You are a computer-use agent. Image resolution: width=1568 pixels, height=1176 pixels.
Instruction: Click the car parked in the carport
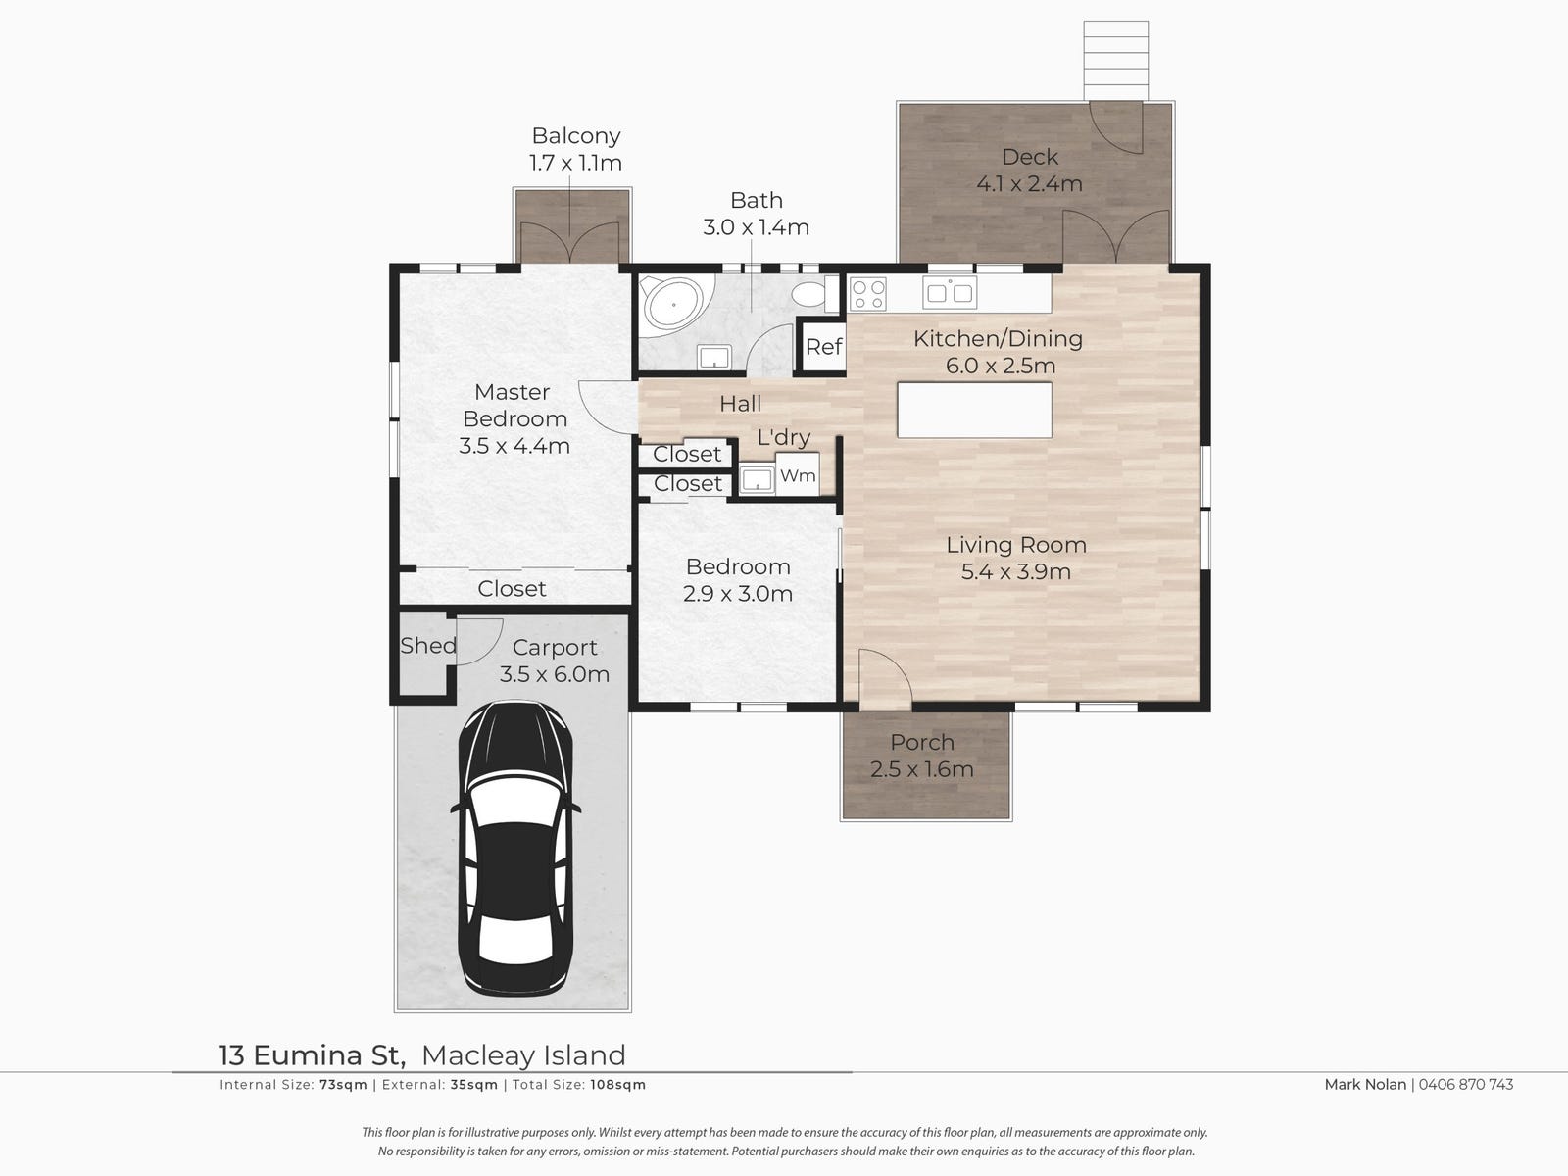coord(515,848)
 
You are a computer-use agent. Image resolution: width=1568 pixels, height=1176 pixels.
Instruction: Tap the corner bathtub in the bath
coord(674,306)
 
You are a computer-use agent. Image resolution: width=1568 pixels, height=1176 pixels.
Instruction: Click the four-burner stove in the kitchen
coord(868,294)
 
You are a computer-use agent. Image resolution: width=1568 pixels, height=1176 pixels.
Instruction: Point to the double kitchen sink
coord(950,292)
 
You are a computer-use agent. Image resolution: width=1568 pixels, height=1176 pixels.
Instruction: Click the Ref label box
coord(823,346)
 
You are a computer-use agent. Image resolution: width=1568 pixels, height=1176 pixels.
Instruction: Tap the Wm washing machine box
coord(797,475)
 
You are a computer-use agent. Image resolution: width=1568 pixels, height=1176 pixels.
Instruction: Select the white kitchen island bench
coord(974,410)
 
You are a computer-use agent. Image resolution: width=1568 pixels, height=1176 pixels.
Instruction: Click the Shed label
coord(428,646)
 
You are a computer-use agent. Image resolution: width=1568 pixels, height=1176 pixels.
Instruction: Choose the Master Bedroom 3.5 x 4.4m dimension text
coord(514,446)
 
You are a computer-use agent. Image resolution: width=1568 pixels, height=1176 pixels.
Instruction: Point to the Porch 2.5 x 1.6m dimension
coord(921,769)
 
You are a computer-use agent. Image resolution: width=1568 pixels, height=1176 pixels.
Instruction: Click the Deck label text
coord(1029,157)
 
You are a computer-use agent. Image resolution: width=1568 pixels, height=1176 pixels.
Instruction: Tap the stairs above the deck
coord(1116,61)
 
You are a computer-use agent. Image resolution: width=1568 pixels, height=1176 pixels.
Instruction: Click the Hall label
coord(740,404)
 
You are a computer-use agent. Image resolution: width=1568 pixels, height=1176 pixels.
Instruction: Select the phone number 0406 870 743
coord(1466,1084)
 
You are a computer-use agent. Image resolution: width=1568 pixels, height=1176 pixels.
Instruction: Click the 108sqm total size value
coord(618,1085)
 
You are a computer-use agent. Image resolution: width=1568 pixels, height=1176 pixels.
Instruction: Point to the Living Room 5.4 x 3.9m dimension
coord(1016,572)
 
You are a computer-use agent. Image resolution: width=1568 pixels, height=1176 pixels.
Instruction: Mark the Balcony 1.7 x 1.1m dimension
coord(576,163)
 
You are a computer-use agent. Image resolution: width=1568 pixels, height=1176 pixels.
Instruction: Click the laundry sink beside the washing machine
coord(757,479)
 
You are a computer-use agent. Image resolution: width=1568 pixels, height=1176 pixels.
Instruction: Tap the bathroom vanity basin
coord(714,357)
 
